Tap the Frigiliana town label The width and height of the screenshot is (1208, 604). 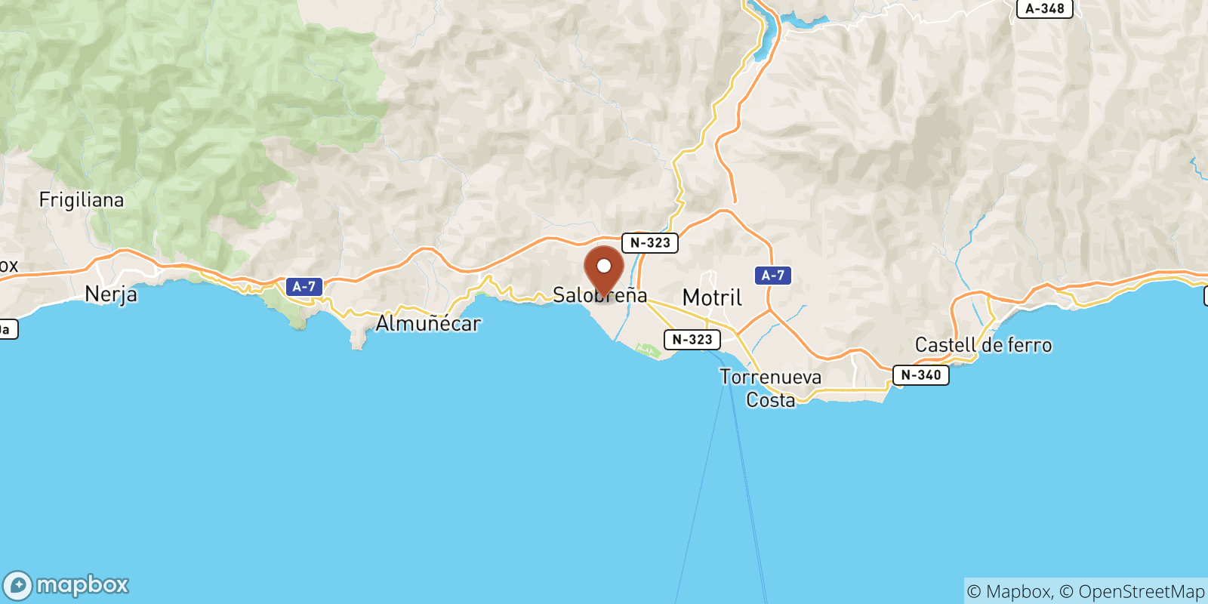pyautogui.click(x=82, y=200)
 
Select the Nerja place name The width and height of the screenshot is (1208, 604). pyautogui.click(x=111, y=294)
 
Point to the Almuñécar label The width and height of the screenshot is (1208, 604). pyautogui.click(x=428, y=324)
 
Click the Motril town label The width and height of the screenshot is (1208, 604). pyautogui.click(x=712, y=298)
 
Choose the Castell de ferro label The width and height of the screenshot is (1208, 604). pyautogui.click(x=983, y=345)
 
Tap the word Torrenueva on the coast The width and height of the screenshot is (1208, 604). pyautogui.click(x=770, y=377)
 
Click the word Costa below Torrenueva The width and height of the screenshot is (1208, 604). pyautogui.click(x=770, y=400)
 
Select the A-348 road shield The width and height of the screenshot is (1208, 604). pyautogui.click(x=1044, y=9)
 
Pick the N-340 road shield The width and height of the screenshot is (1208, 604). pyautogui.click(x=920, y=375)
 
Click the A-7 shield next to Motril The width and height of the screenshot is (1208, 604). pyautogui.click(x=772, y=276)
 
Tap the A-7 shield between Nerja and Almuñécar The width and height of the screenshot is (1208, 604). pyautogui.click(x=304, y=287)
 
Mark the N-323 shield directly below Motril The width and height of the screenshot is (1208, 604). pyautogui.click(x=692, y=340)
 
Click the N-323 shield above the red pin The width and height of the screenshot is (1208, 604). pyautogui.click(x=649, y=243)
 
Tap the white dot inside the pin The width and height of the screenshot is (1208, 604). pyautogui.click(x=604, y=266)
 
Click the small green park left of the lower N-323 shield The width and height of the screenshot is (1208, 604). pyautogui.click(x=647, y=350)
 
